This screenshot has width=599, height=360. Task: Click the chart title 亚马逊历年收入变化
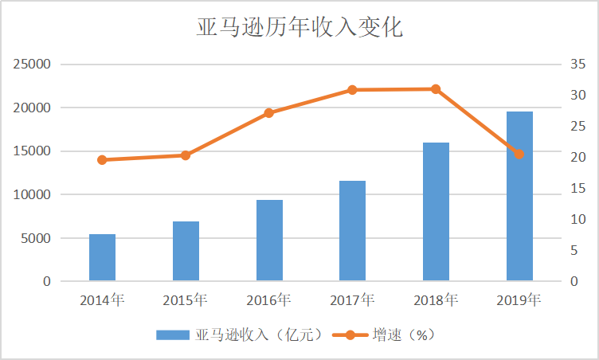pos(299,28)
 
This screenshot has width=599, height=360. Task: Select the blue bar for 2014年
pos(102,257)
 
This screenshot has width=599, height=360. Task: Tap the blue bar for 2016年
pos(269,241)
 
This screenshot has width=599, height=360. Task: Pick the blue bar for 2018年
pos(436,212)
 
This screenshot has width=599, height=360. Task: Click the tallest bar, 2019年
pos(519,197)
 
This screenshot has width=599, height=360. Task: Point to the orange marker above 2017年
pos(352,90)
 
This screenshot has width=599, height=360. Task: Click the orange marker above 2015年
pos(186,155)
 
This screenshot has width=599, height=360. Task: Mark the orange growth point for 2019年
pos(519,154)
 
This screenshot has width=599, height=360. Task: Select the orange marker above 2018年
pos(436,89)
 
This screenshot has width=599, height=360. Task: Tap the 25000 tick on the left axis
pos(33,65)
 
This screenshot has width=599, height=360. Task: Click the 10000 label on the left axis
pos(33,195)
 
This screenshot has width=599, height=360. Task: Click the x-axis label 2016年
pos(269,301)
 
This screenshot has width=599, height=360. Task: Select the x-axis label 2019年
pos(519,301)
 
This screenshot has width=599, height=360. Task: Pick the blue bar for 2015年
pos(186,252)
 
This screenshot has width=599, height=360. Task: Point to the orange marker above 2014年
pos(102,160)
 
